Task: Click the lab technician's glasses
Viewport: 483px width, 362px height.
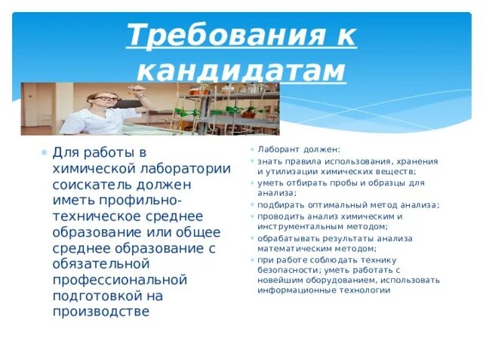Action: pyautogui.click(x=105, y=99)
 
